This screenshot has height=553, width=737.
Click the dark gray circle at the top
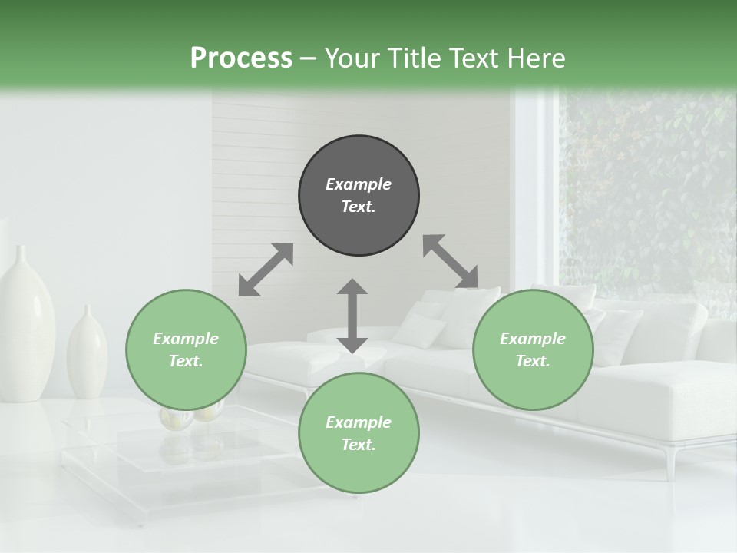tap(359, 195)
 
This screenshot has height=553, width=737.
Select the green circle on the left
tap(186, 349)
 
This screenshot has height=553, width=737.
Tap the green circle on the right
tap(533, 349)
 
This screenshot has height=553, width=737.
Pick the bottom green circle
tap(359, 433)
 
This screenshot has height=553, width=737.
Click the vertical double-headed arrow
tap(352, 316)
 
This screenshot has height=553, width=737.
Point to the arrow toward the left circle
tap(266, 270)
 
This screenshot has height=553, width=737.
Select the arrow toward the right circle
tap(451, 262)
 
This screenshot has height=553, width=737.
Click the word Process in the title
tap(241, 58)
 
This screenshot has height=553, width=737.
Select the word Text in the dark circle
tap(358, 207)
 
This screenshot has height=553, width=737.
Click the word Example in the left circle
tap(186, 339)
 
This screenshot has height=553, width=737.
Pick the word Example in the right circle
tap(533, 339)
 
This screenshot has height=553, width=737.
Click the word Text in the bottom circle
tap(358, 445)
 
